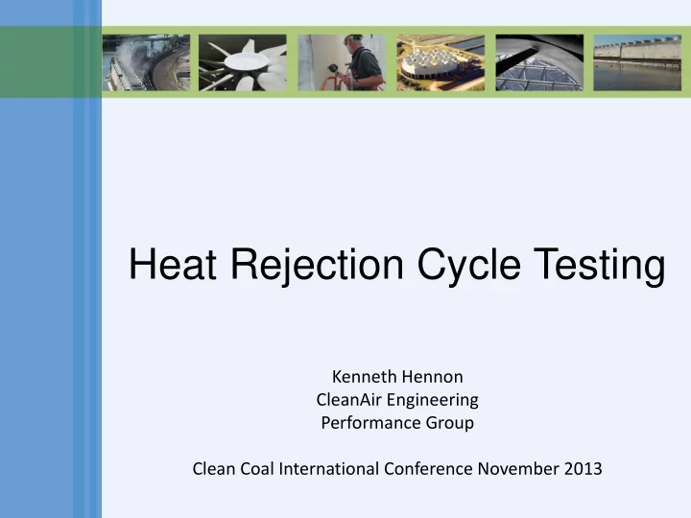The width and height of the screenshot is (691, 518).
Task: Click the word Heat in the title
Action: pos(173,265)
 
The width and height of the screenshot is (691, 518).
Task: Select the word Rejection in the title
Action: pos(318,266)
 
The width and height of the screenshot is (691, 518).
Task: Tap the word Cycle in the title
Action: pos(469,266)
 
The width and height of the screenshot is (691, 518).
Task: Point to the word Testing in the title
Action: pos(599,266)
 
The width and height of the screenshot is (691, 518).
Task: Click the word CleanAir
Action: pos(349,400)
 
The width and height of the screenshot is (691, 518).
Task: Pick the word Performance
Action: pos(371,423)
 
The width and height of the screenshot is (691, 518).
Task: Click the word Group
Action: pos(449,424)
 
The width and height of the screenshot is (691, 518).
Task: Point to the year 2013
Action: pos(584,469)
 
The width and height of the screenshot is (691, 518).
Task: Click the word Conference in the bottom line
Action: pos(428,469)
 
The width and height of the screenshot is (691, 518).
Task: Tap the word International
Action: pos(329,469)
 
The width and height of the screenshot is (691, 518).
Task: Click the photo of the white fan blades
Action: pos(243,62)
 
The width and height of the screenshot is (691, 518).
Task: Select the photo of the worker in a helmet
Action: pos(342,62)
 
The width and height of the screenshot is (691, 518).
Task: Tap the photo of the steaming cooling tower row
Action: pos(146,62)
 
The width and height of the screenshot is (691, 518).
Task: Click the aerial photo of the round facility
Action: pos(441,62)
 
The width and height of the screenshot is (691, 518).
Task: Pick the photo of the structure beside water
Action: pos(637,62)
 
